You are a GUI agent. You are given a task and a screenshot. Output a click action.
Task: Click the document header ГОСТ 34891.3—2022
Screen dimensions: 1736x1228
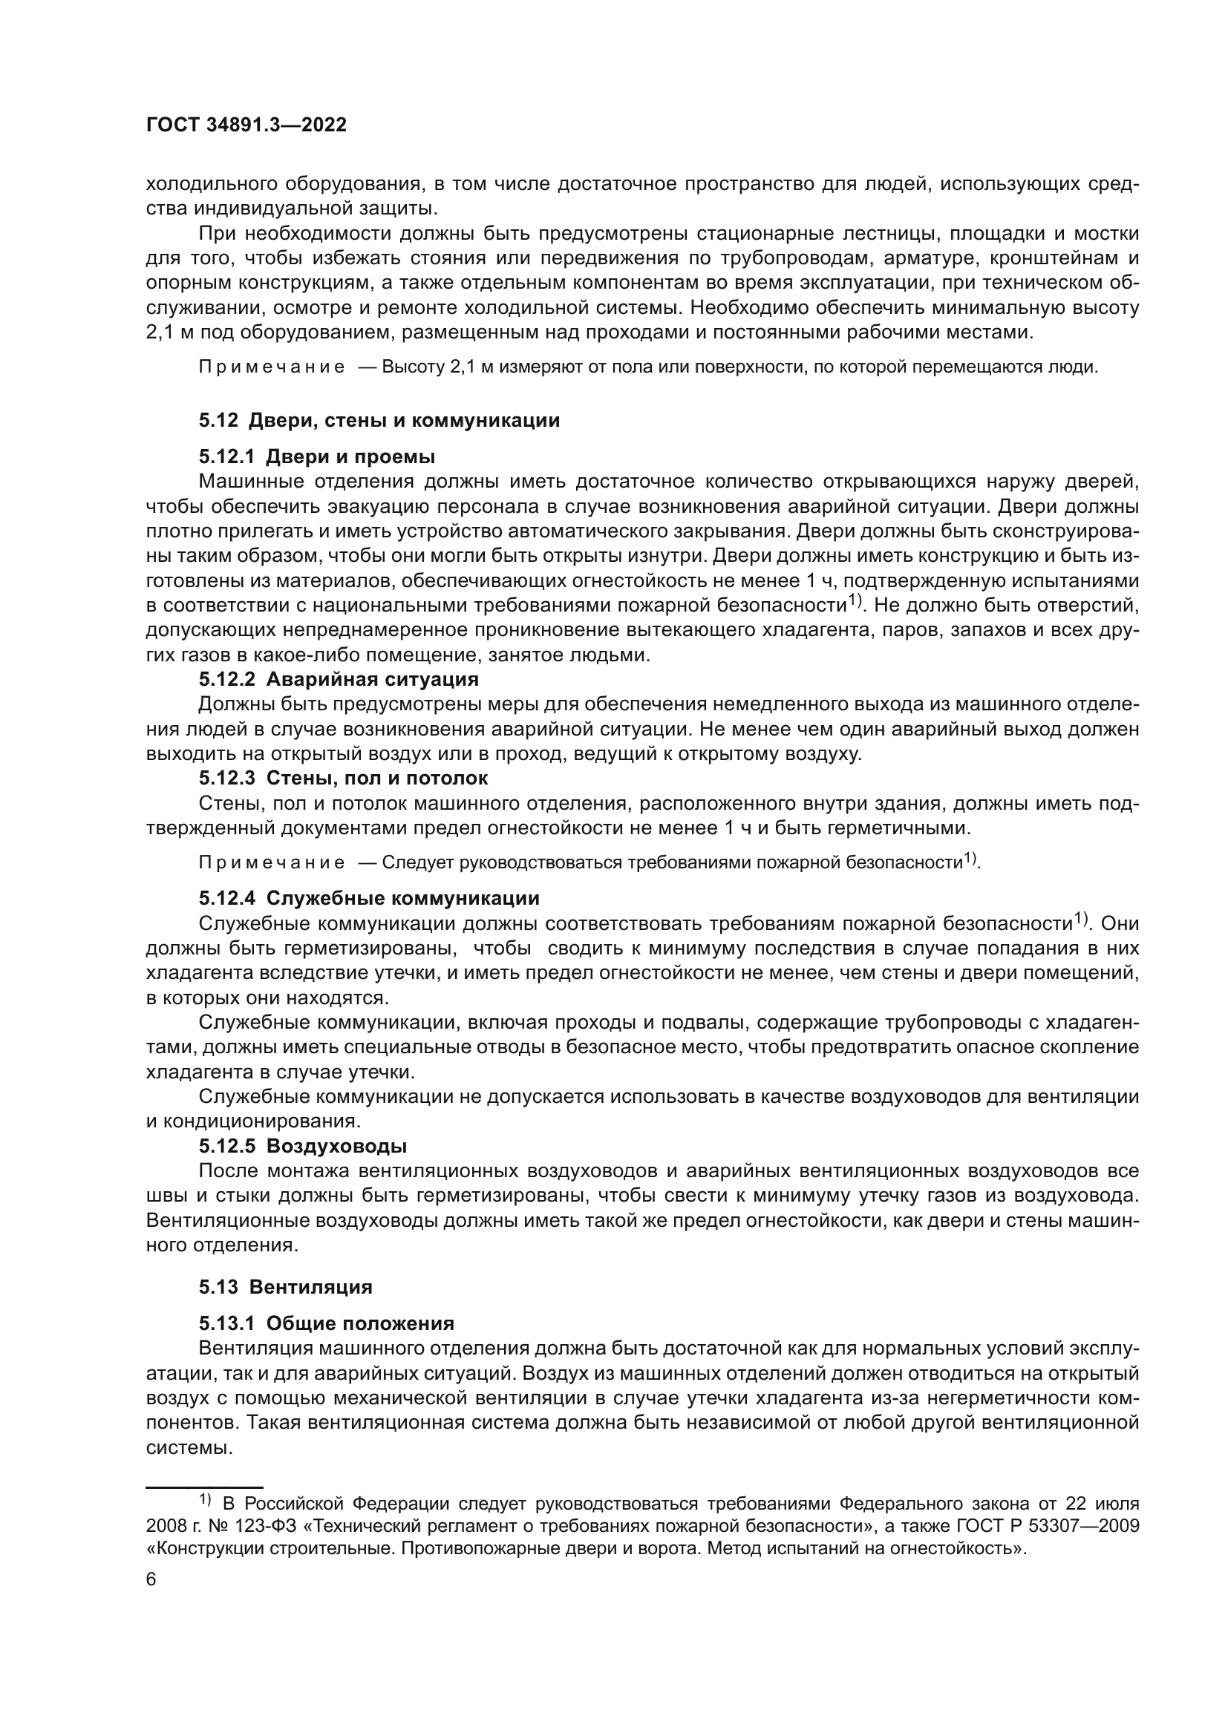pyautogui.click(x=246, y=125)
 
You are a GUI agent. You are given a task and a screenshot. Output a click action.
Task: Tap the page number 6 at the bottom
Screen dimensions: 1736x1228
pyautogui.click(x=151, y=1580)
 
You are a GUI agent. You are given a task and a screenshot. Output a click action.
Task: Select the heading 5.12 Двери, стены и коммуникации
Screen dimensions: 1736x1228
pyautogui.click(x=379, y=420)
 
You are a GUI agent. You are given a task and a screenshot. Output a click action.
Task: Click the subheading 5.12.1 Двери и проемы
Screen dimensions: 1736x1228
pyautogui.click(x=317, y=456)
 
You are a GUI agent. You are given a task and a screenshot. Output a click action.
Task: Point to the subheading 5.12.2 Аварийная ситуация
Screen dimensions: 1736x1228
pyautogui.click(x=339, y=679)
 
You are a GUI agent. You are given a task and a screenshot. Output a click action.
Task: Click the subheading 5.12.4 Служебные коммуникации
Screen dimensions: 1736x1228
pyautogui.click(x=369, y=898)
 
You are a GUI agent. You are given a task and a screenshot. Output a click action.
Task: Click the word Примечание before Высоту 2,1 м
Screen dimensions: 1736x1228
pyautogui.click(x=272, y=367)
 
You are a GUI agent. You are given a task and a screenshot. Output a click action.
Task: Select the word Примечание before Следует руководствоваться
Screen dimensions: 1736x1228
pyautogui.click(x=272, y=862)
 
